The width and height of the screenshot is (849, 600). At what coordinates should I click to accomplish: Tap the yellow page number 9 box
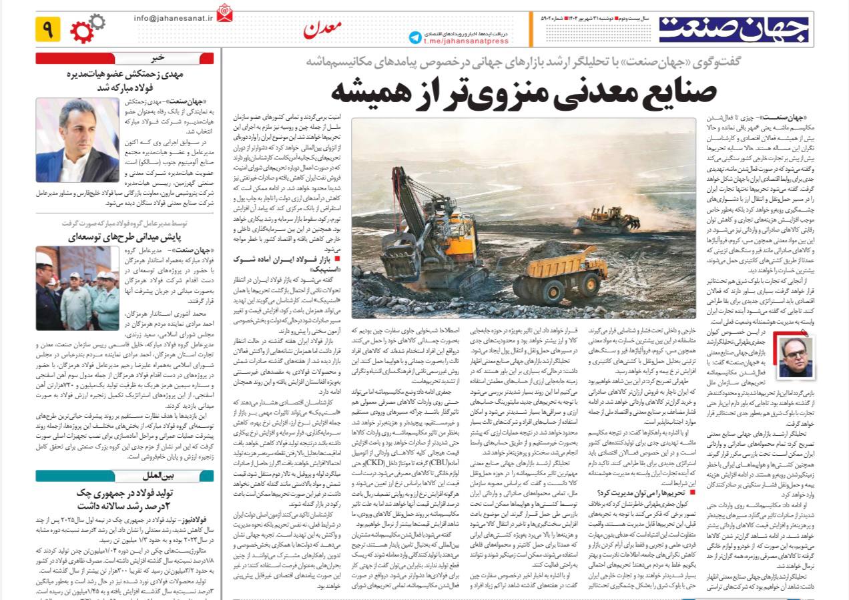[48, 29]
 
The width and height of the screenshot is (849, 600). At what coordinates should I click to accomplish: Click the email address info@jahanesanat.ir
[173, 18]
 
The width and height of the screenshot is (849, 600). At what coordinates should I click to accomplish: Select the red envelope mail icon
[225, 13]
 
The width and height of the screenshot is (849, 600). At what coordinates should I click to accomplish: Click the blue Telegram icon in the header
[416, 37]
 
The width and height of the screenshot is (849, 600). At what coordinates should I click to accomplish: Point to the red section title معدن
[323, 29]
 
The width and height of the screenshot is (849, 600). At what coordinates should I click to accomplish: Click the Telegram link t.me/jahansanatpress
[466, 41]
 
